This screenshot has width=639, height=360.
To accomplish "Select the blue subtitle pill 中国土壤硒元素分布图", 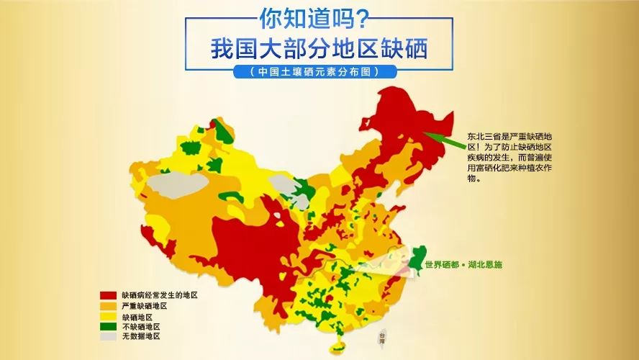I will [319, 72].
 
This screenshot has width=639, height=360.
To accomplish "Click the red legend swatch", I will [108, 296].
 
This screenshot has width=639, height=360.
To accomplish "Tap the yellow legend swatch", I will [108, 317].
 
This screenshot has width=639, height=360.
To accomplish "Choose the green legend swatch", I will [108, 327].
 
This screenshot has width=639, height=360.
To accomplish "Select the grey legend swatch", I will [108, 337].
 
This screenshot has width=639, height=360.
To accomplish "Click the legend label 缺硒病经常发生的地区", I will [159, 296].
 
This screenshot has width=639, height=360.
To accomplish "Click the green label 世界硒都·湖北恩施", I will [463, 265].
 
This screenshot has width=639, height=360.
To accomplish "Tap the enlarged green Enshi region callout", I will [415, 260].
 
